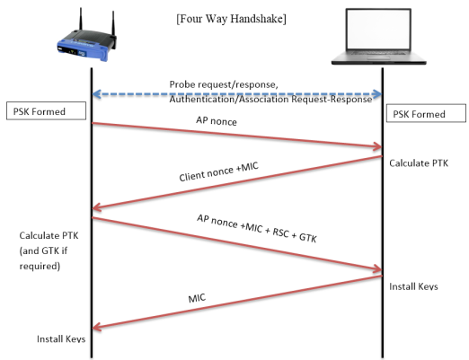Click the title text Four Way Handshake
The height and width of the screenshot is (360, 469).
[x=231, y=19]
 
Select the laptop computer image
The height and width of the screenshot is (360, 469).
[x=378, y=37]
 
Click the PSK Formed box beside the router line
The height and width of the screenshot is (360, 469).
[x=46, y=111]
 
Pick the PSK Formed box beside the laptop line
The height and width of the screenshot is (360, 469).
[x=426, y=113]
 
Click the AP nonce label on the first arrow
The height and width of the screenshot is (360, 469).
[x=217, y=121]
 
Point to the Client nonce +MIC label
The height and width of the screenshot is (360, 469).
[x=218, y=171]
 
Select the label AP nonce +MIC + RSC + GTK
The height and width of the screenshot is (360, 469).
[x=257, y=228]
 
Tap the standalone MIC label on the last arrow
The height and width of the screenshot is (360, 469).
[x=197, y=298]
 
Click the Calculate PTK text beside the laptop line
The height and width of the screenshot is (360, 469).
[x=419, y=163]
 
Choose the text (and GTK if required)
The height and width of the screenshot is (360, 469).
[x=43, y=259]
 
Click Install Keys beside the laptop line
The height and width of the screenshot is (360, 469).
[x=413, y=286]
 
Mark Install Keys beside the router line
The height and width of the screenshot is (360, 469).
[x=61, y=338]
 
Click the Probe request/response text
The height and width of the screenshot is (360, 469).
[x=224, y=84]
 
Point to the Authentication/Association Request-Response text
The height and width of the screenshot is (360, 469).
[x=270, y=99]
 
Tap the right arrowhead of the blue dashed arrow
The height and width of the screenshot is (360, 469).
[x=378, y=94]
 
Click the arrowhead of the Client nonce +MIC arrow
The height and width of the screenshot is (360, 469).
[x=97, y=207]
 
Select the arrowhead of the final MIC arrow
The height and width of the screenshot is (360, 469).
[x=97, y=327]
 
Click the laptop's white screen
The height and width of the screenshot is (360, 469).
[x=378, y=30]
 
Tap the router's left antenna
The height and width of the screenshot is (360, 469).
[x=81, y=20]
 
